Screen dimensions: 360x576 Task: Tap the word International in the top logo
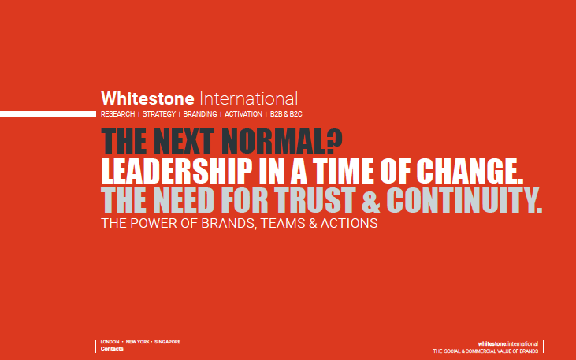point(250,100)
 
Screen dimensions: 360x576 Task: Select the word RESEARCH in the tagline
point(117,115)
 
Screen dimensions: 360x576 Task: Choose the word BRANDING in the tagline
point(199,115)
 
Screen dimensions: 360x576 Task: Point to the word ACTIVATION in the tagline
point(243,115)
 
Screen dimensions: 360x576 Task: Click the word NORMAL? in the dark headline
point(277,143)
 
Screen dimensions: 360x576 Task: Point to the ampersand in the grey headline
point(370,201)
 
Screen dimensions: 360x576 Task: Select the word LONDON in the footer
point(110,342)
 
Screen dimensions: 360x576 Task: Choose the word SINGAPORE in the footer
point(167,342)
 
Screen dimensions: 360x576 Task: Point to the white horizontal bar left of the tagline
point(47,115)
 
